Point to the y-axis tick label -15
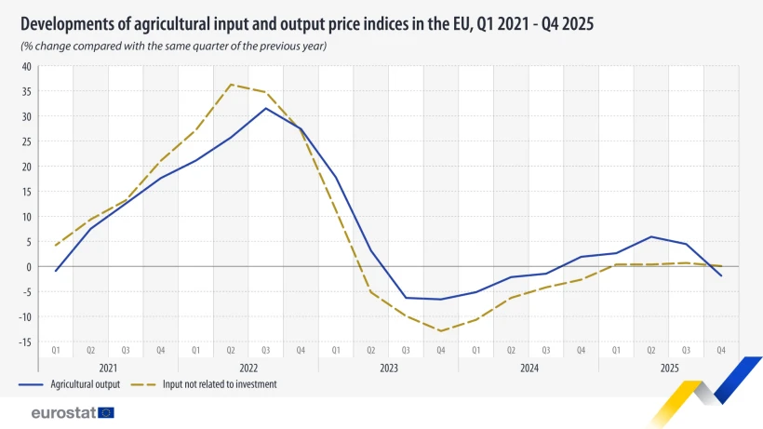point(25,342)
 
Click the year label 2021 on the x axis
point(108,368)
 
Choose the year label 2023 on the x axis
point(388,368)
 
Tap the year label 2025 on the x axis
point(668,368)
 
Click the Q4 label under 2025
point(721,350)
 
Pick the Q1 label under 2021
point(56,350)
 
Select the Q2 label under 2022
point(231,350)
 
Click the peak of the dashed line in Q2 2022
point(231,85)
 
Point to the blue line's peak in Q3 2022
point(266,108)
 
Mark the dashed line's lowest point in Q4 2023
point(441,331)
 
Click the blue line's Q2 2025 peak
point(651,236)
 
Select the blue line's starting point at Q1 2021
point(56,272)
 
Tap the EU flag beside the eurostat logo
point(106,412)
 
